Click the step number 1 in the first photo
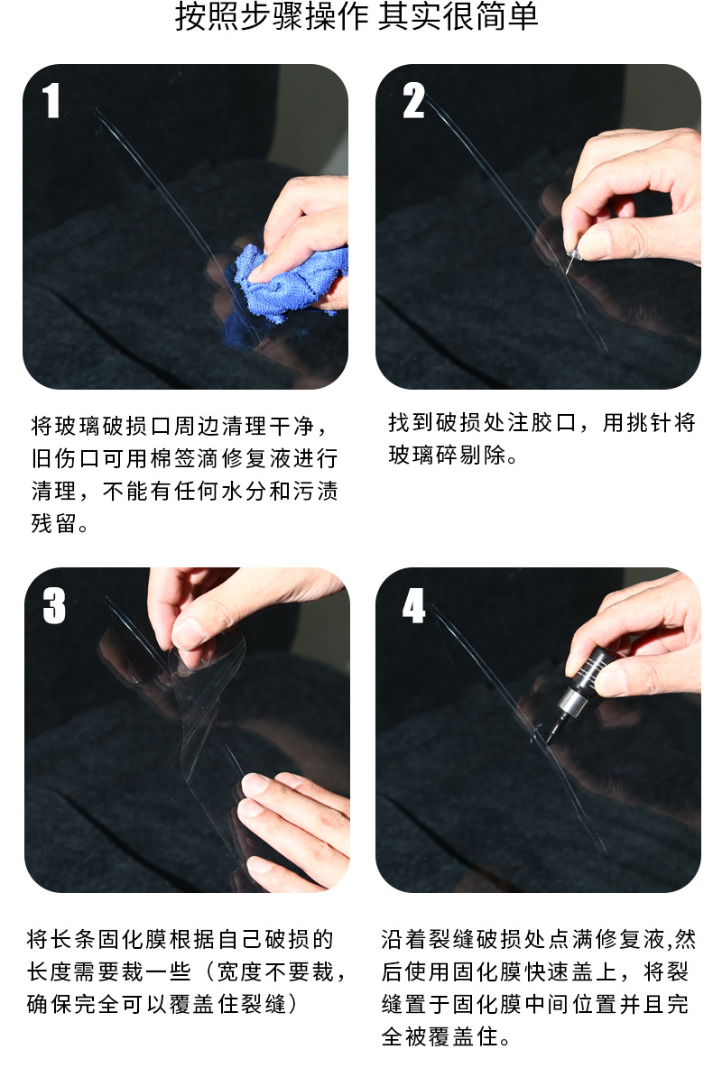(51, 101)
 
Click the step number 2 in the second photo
(412, 101)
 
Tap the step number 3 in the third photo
(54, 606)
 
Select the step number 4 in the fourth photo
(413, 606)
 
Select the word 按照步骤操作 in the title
(262, 19)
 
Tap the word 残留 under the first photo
(52, 523)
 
